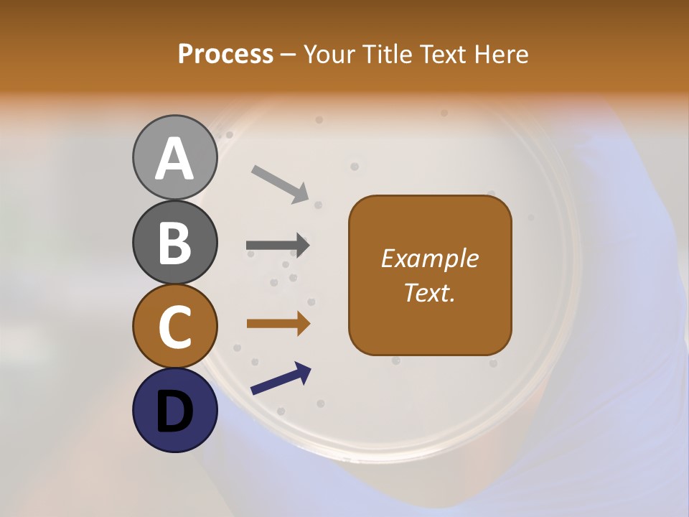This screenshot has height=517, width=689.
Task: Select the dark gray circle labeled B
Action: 175,243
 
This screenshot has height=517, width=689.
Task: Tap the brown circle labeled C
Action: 175,327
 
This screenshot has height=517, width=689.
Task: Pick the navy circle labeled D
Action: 175,410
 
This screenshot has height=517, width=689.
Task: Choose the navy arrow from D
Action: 281,378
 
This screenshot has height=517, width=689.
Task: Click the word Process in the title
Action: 225,55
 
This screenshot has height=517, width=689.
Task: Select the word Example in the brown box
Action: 430,258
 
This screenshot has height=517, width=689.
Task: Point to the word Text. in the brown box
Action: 430,292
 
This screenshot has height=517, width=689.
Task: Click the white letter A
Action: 175,159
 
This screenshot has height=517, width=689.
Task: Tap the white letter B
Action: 175,243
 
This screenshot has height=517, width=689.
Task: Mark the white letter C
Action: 175,327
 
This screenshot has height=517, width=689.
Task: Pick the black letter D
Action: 175,412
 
